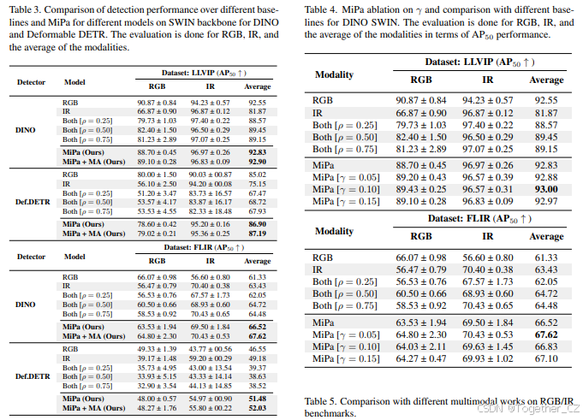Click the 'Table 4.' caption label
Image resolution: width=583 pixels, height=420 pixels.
322,9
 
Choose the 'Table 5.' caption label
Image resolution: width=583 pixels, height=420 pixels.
322,400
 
